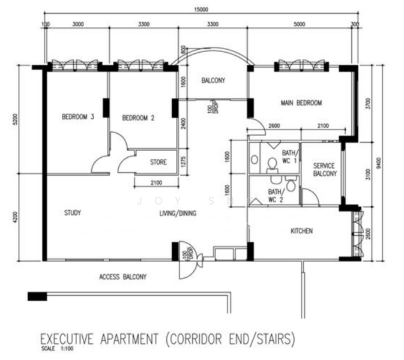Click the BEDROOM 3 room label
(x=79, y=117)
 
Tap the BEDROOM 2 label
(x=138, y=118)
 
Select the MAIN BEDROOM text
(x=301, y=103)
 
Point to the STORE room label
(x=158, y=161)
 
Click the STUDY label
(x=72, y=212)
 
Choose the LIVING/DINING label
(x=178, y=213)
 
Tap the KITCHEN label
(x=301, y=230)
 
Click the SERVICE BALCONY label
(x=325, y=169)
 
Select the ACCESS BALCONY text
(x=122, y=277)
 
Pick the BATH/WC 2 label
(x=276, y=196)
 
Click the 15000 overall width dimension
(x=200, y=10)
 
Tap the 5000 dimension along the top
(x=300, y=25)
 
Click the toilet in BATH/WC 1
(x=271, y=162)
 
